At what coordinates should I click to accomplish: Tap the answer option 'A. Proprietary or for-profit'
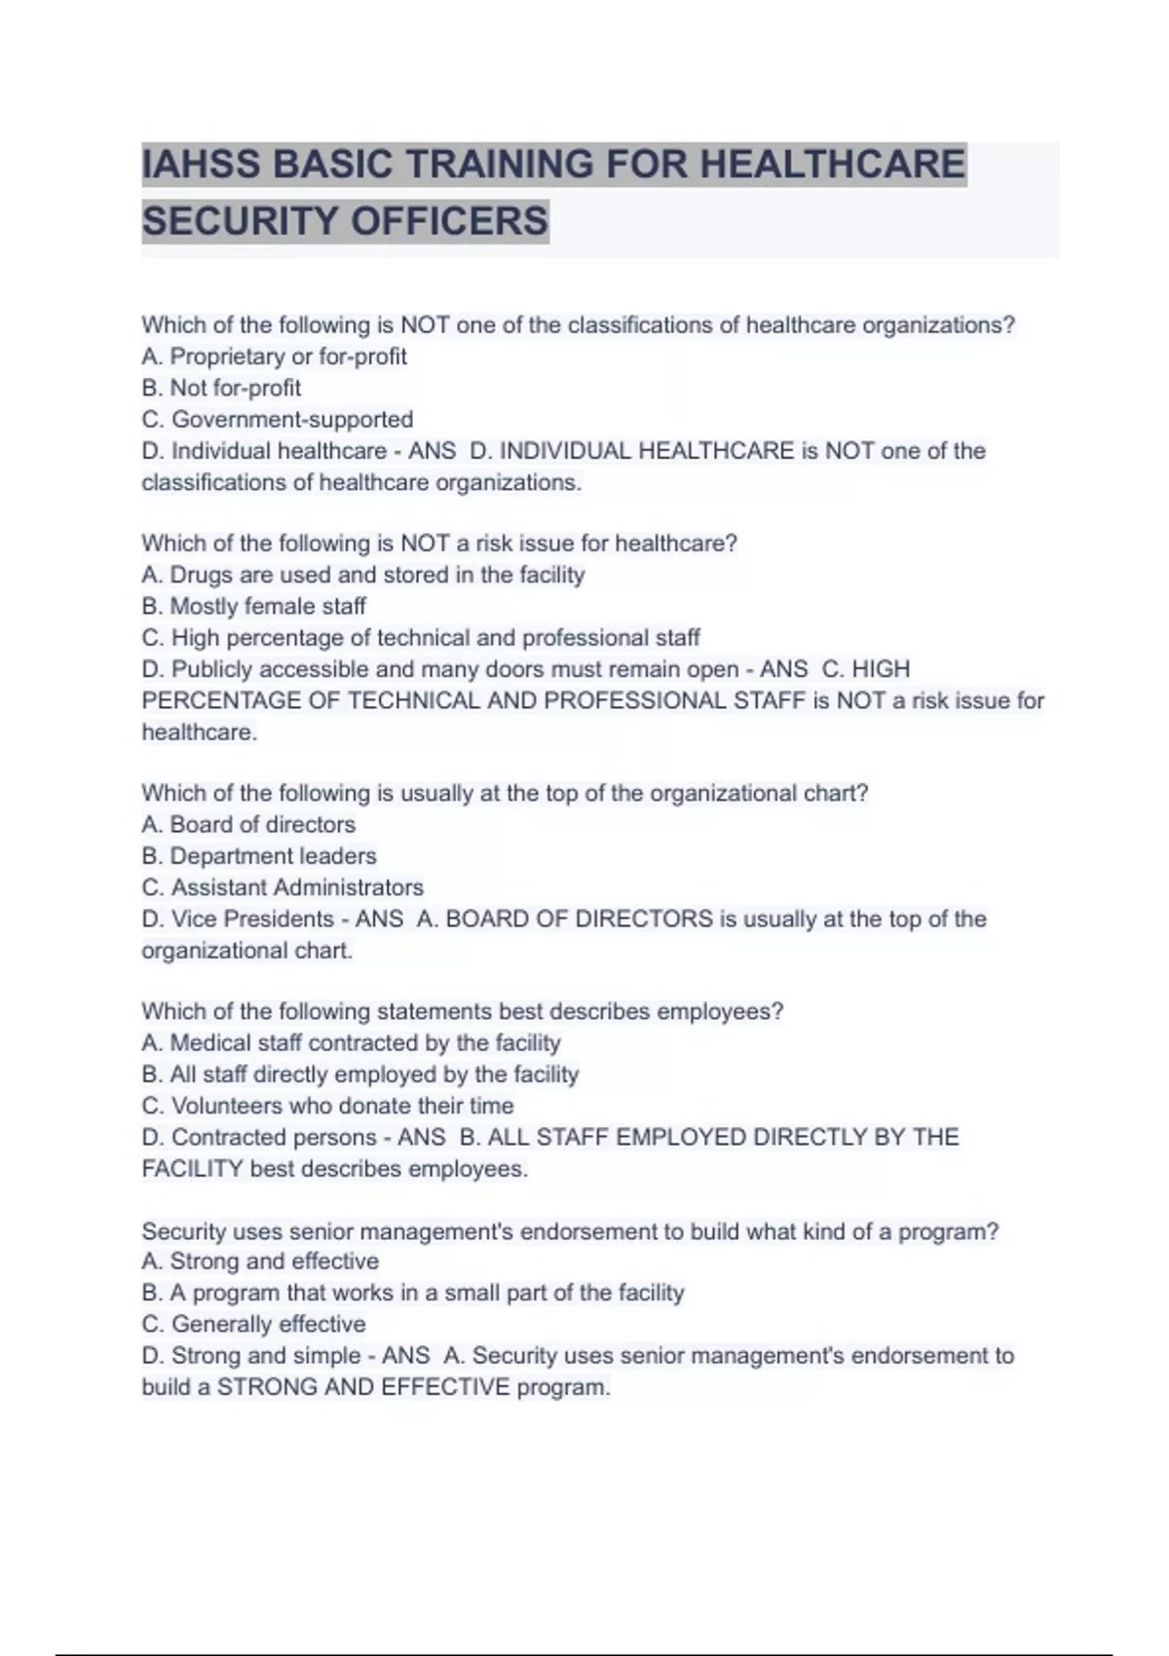pos(274,357)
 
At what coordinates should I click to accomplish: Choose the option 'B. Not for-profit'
pos(221,388)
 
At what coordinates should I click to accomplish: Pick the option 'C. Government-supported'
pos(278,420)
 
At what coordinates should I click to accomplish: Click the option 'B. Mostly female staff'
pos(253,606)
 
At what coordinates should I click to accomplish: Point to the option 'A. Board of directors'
pos(248,824)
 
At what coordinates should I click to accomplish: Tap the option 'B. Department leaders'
pos(259,856)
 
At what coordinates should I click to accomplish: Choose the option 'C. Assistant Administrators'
pos(283,887)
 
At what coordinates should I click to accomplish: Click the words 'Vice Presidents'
pos(252,919)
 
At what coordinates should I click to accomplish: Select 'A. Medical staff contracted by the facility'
pos(351,1043)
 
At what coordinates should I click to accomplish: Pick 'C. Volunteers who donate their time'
pos(327,1106)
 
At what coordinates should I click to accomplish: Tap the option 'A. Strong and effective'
pos(260,1261)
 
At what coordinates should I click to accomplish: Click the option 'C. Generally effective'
pos(253,1324)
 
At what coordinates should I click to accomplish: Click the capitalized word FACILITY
pos(192,1169)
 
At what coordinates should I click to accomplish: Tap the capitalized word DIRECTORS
pos(645,919)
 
